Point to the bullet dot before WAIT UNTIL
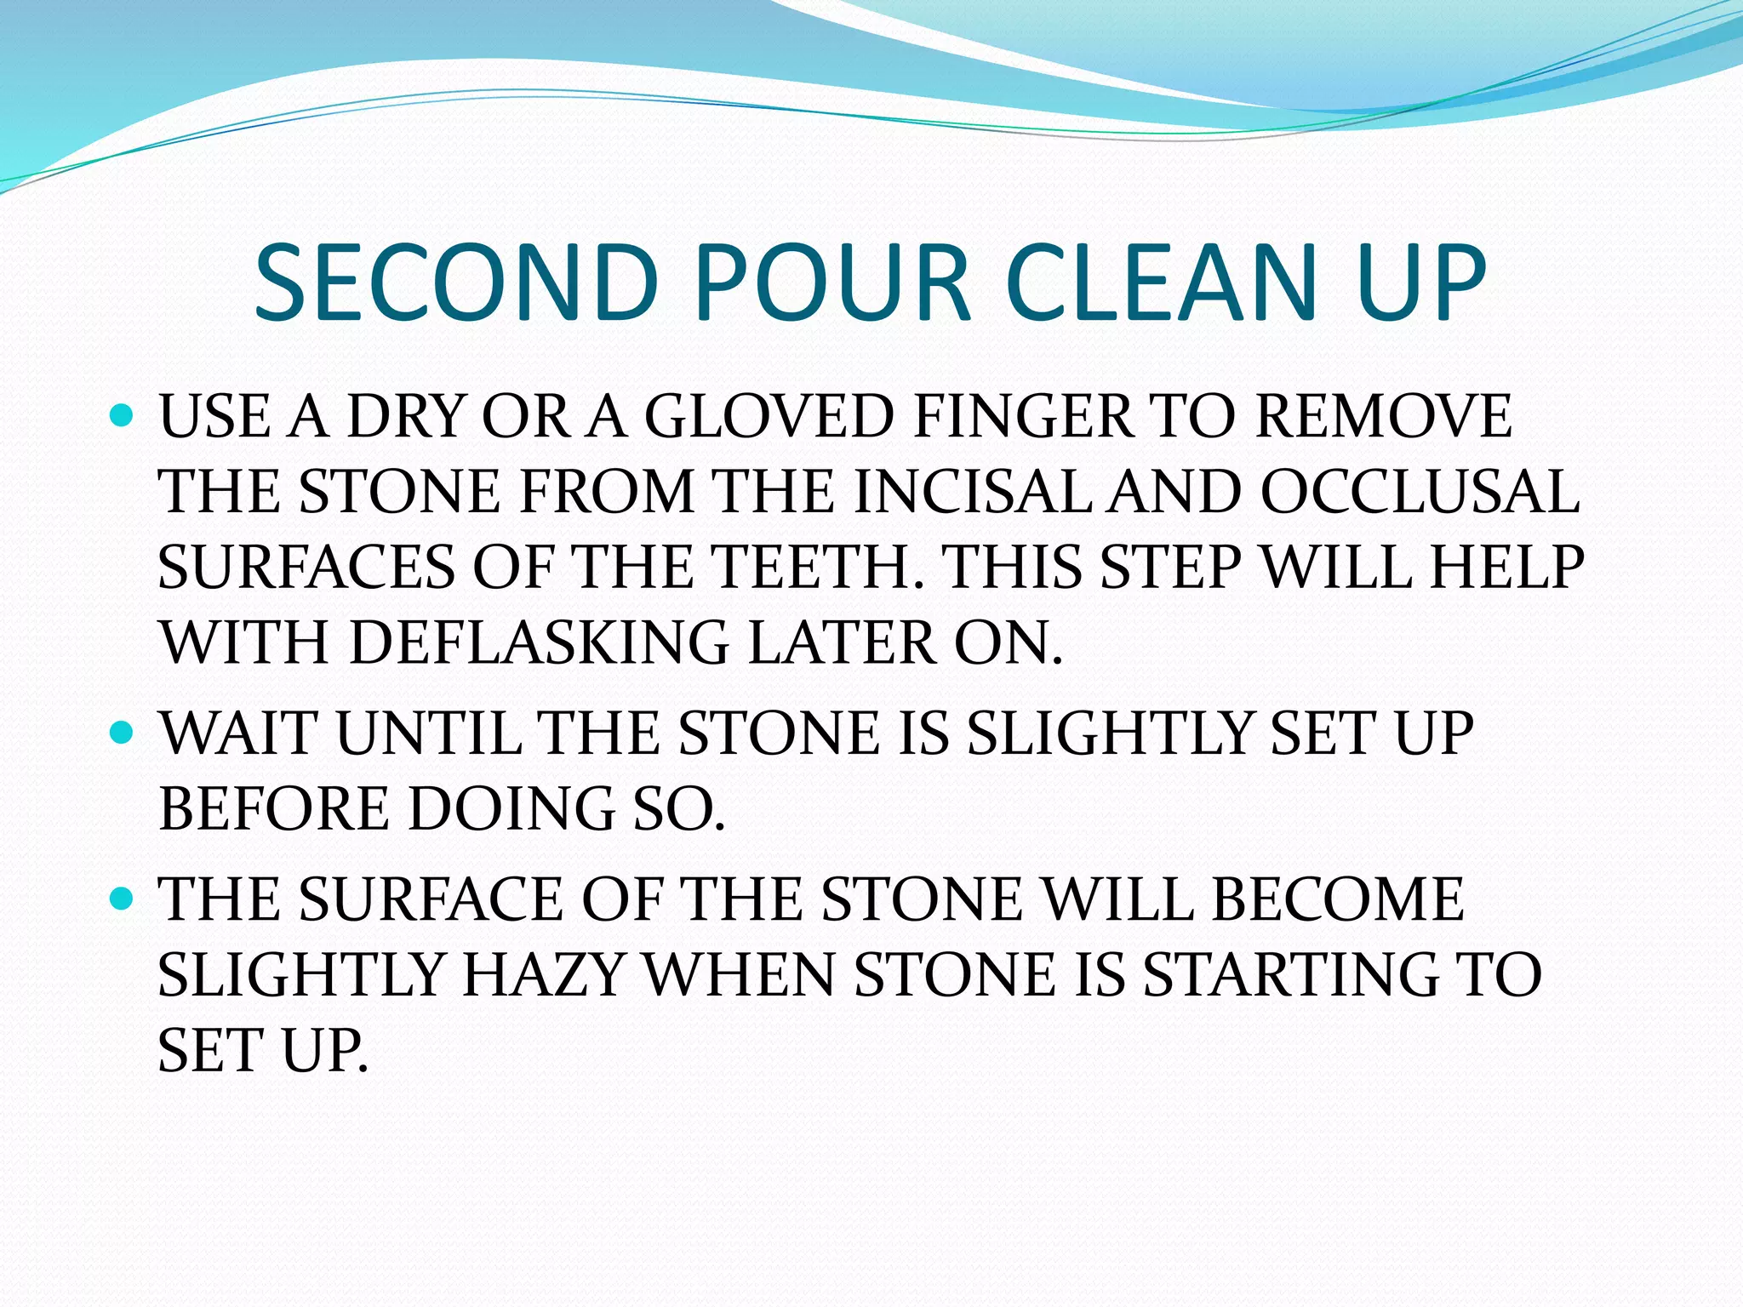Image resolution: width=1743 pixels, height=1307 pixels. tap(123, 732)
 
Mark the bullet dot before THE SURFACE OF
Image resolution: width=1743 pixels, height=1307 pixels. tap(123, 898)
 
